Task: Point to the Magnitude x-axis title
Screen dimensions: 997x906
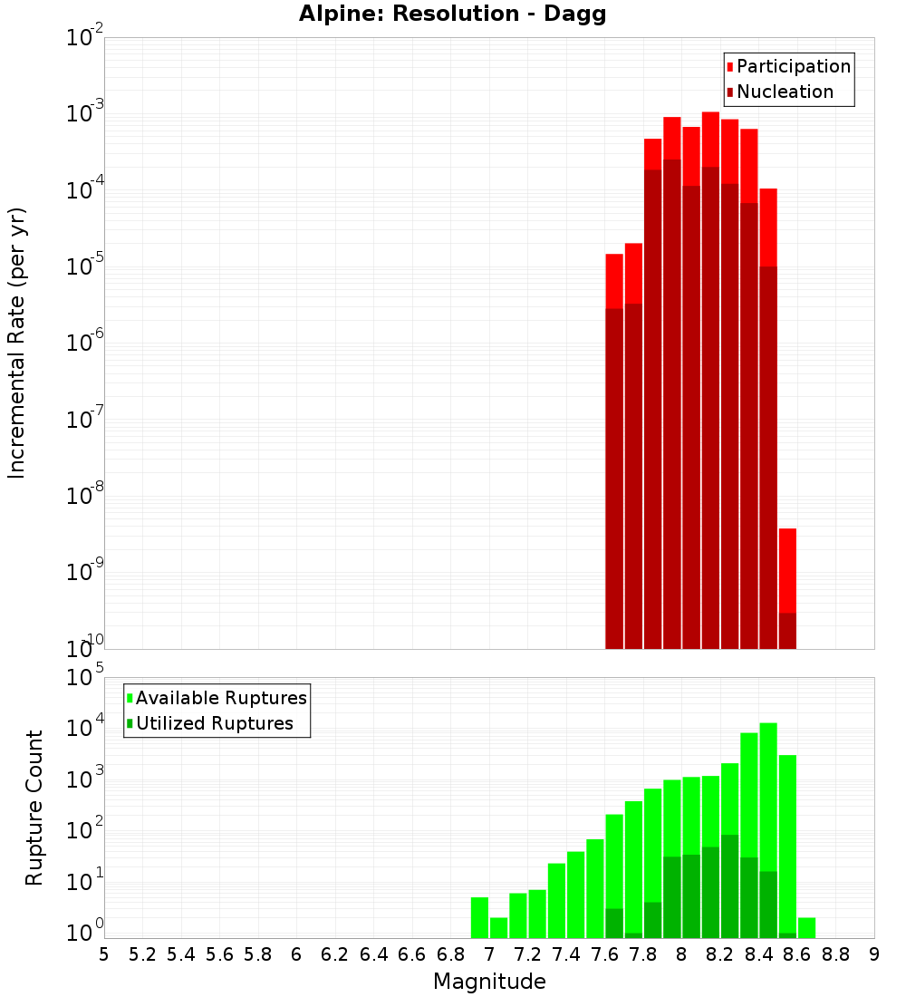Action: click(x=489, y=982)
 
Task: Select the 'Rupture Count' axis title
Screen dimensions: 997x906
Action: click(x=34, y=808)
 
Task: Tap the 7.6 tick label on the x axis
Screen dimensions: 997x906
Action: click(x=605, y=954)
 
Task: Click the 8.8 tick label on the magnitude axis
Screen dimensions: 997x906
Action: click(x=836, y=954)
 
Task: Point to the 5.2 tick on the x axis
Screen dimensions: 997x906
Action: click(x=143, y=954)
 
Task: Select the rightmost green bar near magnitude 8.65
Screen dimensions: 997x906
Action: click(x=806, y=927)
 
